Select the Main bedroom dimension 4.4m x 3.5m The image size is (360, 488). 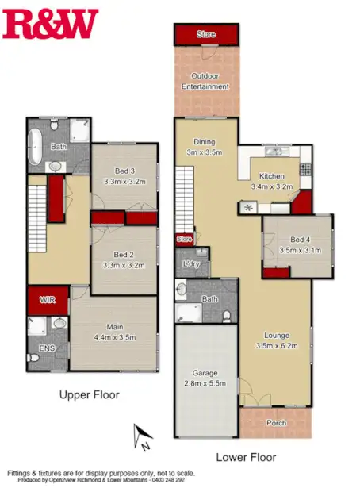click(x=116, y=336)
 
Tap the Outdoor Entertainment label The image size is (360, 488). click(x=205, y=81)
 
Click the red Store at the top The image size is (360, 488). click(x=206, y=35)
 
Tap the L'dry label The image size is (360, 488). click(x=190, y=263)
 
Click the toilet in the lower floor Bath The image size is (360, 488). click(x=227, y=316)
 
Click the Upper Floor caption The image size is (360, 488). click(x=89, y=394)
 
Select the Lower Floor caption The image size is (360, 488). click(x=246, y=457)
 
